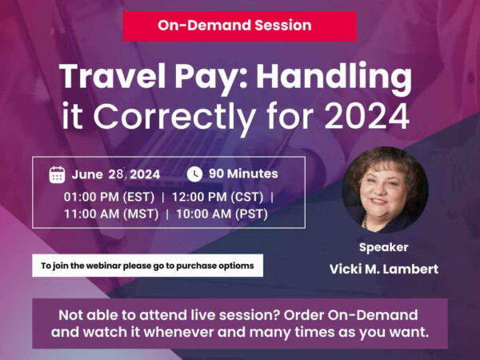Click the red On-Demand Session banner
pos(239,26)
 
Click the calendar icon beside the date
pos(57,174)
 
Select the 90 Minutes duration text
pos(243,174)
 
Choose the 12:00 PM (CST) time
pos(222,196)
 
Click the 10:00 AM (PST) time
pos(222,214)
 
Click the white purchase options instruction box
pos(147,266)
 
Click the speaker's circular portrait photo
pos(385,188)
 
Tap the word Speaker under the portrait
pos(384,247)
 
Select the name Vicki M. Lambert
pos(384,269)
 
